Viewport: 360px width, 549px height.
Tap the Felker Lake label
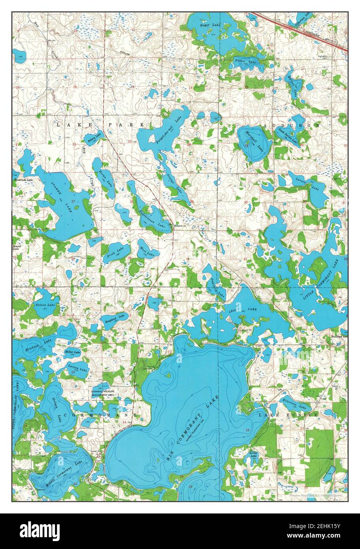[246, 61]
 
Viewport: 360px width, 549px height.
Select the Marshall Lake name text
[253, 143]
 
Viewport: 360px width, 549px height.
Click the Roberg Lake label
[94, 139]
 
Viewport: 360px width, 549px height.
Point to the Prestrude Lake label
[24, 180]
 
